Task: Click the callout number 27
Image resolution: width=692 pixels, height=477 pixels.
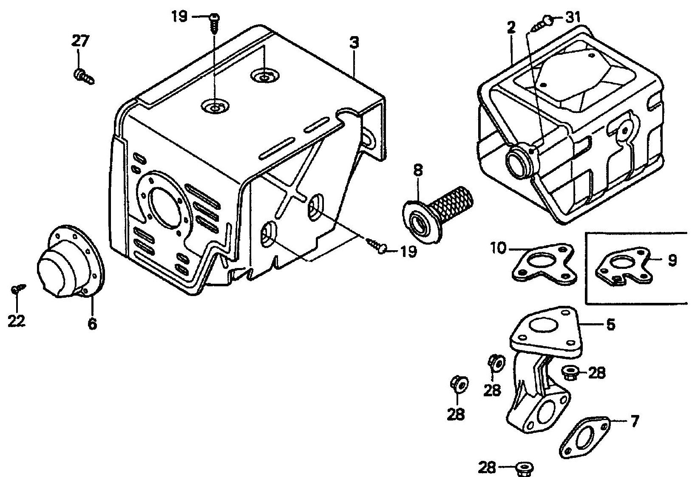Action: (80, 42)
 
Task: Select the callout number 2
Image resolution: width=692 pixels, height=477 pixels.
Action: (511, 28)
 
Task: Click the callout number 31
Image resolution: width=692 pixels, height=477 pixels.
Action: (574, 18)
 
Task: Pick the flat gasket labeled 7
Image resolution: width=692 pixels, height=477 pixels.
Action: (583, 437)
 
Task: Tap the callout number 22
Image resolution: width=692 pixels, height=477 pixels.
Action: (17, 321)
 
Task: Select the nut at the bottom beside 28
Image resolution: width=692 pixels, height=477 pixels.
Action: (522, 469)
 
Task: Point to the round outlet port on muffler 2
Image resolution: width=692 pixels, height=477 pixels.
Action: (519, 161)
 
